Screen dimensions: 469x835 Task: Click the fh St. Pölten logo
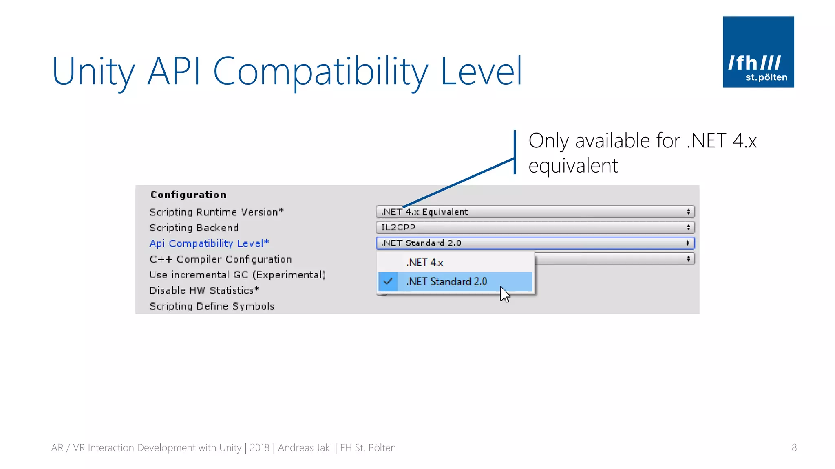point(758,52)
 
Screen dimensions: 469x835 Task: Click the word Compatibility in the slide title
point(320,72)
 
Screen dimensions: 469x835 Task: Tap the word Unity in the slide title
point(93,72)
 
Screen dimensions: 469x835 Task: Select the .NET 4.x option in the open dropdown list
point(424,263)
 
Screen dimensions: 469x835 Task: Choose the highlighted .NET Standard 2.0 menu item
point(446,282)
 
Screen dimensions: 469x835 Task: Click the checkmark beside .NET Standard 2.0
point(388,281)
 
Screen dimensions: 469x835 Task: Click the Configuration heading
point(188,195)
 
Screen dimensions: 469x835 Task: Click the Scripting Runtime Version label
point(216,212)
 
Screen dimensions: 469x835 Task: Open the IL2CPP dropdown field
point(535,228)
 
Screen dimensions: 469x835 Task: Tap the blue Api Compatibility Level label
point(209,243)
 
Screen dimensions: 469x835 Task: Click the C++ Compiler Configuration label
point(221,259)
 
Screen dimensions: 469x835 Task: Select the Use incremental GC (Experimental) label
point(238,275)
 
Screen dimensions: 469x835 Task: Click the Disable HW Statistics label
point(204,291)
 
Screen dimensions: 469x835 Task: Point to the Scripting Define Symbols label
point(212,307)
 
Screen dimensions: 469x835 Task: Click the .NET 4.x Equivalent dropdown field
point(535,212)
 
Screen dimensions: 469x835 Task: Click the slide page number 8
point(794,448)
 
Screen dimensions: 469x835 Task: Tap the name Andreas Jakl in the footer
point(305,448)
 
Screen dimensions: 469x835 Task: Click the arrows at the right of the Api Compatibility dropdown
point(688,243)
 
